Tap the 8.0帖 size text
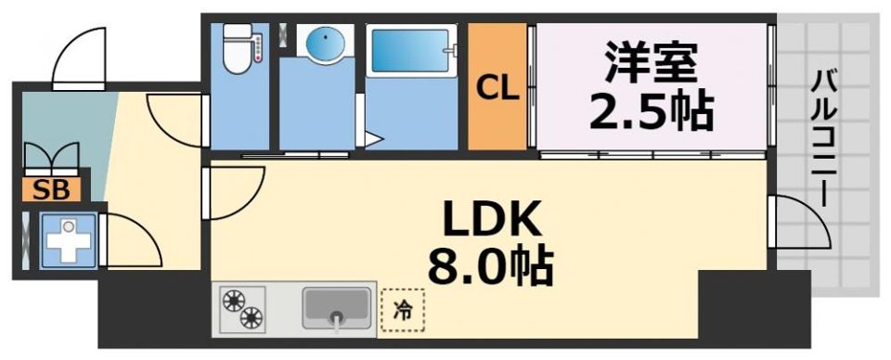(x=490, y=267)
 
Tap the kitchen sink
(x=336, y=306)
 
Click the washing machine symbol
(x=69, y=240)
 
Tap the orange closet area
(x=497, y=121)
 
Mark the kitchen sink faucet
(x=337, y=320)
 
